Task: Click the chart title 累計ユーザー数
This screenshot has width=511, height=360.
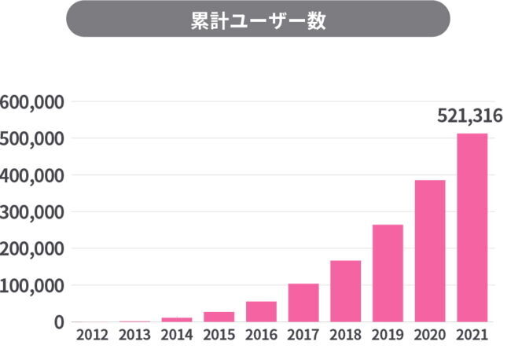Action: tap(258, 20)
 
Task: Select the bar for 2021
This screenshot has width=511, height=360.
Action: tap(472, 228)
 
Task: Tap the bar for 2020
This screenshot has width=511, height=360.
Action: tap(430, 251)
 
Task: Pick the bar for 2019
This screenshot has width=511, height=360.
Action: tap(388, 273)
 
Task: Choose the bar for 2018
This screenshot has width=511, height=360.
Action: tap(345, 291)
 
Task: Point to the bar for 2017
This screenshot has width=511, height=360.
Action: tap(303, 303)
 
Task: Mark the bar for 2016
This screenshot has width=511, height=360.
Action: tap(261, 311)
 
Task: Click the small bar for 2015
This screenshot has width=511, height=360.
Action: tap(219, 317)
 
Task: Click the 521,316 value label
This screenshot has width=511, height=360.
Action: tap(469, 117)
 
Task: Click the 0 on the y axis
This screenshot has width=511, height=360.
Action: tap(59, 321)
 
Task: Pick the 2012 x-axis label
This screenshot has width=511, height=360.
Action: tap(92, 335)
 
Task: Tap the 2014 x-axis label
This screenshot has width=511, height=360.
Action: tap(177, 335)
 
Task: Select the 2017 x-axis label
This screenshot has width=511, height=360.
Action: tap(303, 335)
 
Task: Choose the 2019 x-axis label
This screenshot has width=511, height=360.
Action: tap(388, 335)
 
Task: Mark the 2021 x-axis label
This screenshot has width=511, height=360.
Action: tap(472, 335)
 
